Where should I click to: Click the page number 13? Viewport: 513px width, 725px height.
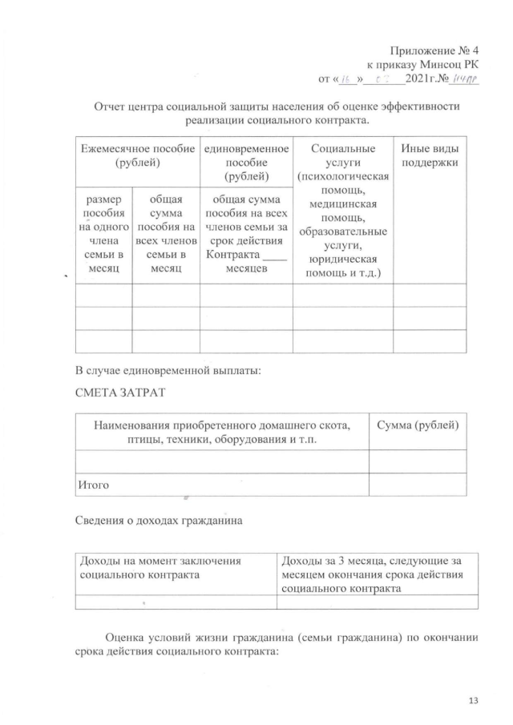(x=472, y=702)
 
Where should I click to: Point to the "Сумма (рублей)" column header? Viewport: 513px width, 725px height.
(x=417, y=425)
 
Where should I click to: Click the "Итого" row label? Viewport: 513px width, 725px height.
(x=93, y=485)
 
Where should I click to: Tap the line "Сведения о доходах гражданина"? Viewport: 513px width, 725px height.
(x=158, y=521)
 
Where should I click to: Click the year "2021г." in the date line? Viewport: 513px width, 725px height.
(x=422, y=79)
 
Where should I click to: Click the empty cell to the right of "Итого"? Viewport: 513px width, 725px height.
(x=417, y=485)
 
